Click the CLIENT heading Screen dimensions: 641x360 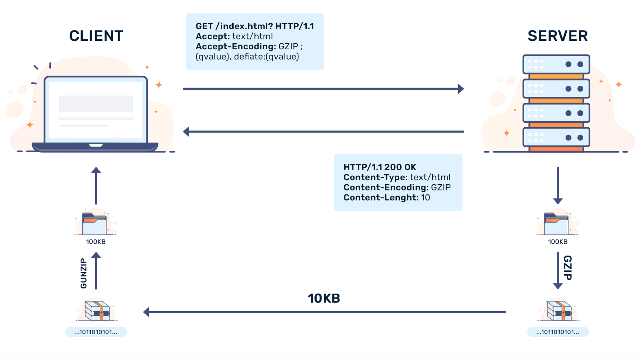pos(96,36)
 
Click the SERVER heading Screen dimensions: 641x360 pos(558,36)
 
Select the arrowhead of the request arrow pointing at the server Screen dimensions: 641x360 pos(461,89)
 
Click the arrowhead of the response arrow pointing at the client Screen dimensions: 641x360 pos(186,131)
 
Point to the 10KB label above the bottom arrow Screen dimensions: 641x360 pos(324,298)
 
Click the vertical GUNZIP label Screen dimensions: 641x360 pos(84,273)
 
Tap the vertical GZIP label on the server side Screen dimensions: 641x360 pos(568,268)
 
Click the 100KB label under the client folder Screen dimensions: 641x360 pos(96,242)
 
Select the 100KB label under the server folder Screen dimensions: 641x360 pos(558,242)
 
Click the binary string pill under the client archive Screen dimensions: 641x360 pos(96,332)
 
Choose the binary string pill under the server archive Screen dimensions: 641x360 pos(558,332)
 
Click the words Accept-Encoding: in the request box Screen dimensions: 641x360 pos(236,46)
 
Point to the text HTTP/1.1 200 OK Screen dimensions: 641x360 pos(380,167)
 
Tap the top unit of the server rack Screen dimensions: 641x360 pos(556,64)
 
